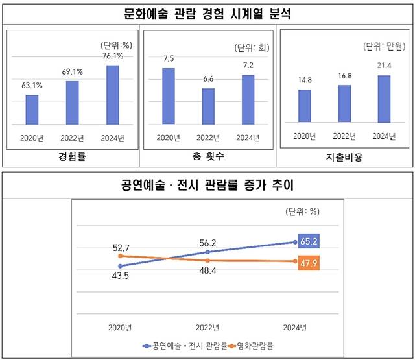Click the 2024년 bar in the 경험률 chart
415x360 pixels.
[x=112, y=95]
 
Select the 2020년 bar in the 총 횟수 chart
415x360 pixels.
[x=168, y=96]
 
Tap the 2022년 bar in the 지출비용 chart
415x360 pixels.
[x=344, y=103]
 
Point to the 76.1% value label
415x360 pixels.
[x=112, y=56]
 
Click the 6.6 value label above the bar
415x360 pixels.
[x=208, y=78]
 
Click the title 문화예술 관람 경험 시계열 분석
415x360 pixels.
[x=207, y=14]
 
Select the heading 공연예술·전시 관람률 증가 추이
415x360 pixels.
[x=207, y=186]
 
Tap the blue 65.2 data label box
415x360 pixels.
[x=309, y=242]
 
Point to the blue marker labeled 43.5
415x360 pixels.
[x=121, y=266]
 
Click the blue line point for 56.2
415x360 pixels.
[x=207, y=252]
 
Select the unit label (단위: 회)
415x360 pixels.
[x=250, y=48]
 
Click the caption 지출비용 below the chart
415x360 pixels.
[x=344, y=158]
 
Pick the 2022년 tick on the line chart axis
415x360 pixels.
[x=207, y=327]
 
